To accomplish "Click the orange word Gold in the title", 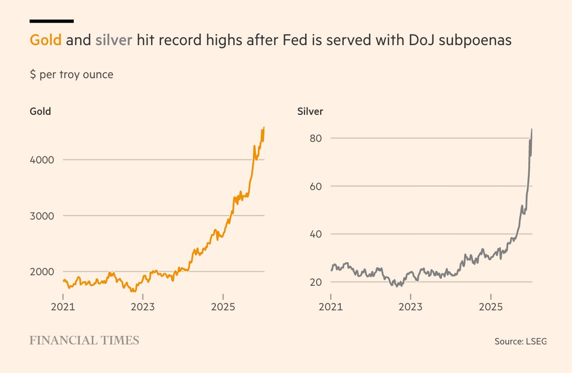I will coord(46,40).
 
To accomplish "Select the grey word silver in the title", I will coord(114,40).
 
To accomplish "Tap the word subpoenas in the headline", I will coord(475,40).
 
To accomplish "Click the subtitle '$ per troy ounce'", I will coord(71,75).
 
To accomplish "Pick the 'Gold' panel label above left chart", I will coord(40,111).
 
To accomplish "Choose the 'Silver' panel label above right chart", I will coord(310,111).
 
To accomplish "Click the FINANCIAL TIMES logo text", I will coord(84,341).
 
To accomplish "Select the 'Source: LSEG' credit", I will coord(520,341).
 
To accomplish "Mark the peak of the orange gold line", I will coord(264,128).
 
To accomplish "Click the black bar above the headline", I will coord(52,21).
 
